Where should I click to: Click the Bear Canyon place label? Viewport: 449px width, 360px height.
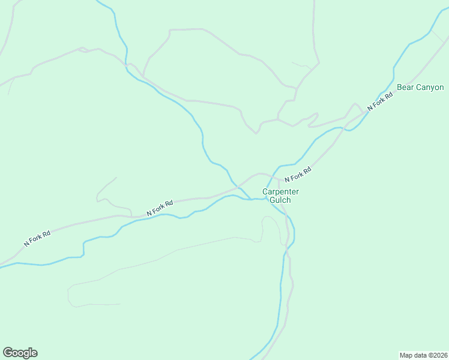(420, 88)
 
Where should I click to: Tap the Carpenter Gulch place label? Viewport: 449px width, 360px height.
(280, 196)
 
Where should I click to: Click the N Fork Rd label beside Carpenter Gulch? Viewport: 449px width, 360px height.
(298, 175)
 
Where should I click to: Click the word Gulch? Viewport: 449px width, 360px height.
(280, 200)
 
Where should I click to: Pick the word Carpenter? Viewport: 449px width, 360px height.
(280, 192)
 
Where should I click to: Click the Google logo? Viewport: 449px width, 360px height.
(20, 353)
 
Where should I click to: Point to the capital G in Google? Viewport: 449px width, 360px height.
(8, 352)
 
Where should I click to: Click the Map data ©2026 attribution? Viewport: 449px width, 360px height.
(423, 355)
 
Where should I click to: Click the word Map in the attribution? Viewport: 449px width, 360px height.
(406, 355)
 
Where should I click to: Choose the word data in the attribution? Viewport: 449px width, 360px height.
(419, 355)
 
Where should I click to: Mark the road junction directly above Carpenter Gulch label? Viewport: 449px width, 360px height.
(278, 178)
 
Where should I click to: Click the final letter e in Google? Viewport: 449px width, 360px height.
(34, 353)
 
